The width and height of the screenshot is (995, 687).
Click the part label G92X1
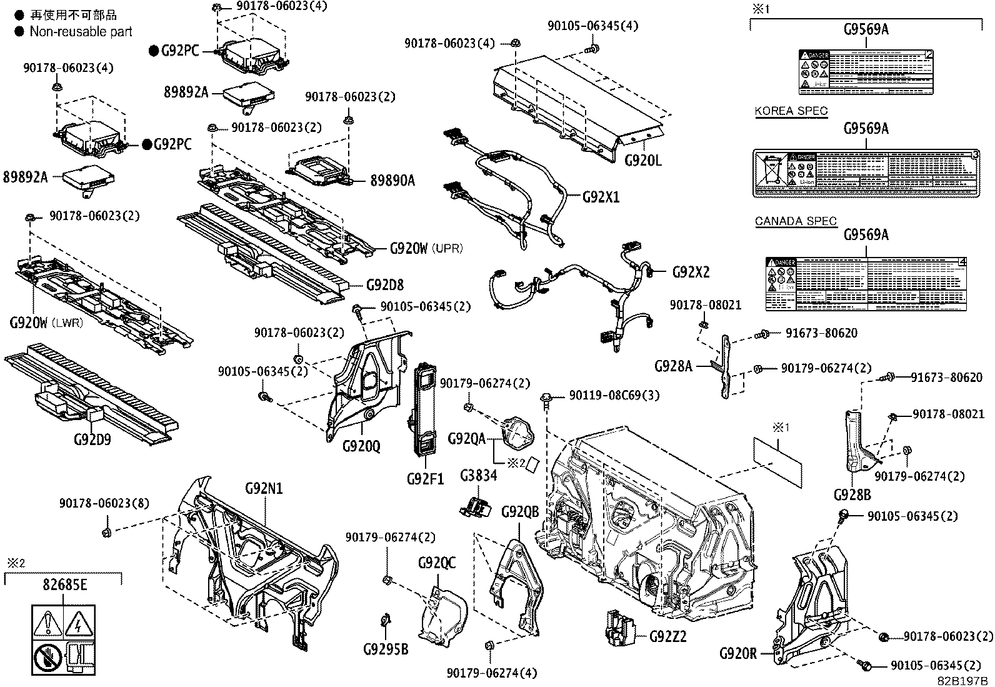601,197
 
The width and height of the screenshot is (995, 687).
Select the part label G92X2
691,272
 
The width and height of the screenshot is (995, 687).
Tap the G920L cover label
642,161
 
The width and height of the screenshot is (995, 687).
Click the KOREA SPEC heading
791,111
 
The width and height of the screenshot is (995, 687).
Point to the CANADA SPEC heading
796,221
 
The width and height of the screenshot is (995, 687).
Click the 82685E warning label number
64,585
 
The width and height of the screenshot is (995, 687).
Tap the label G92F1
425,479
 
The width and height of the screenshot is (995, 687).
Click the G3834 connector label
479,476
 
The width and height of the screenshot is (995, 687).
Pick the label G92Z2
667,636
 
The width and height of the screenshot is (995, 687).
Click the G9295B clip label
386,649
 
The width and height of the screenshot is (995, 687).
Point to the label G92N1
263,488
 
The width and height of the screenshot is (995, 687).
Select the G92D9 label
92,439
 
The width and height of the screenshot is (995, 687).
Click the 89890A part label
392,181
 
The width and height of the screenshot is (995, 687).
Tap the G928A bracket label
673,366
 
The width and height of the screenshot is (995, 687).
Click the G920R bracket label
737,654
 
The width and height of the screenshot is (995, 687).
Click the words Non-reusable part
81,31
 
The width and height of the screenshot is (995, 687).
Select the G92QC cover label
437,563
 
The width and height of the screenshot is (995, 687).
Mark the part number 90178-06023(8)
104,503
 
